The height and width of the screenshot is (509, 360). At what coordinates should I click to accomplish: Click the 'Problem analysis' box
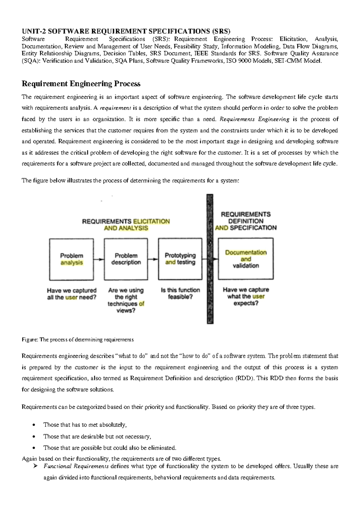coord(71,259)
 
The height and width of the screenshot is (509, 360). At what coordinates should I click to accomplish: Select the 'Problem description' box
coord(126,259)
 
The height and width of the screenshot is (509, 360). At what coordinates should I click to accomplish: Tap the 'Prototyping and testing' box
coord(180,259)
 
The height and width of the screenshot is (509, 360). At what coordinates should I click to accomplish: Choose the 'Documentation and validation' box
coord(246,259)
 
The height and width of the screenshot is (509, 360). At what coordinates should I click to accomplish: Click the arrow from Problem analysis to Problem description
coord(99,259)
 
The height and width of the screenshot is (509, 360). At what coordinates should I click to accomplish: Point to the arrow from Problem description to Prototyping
coord(153,259)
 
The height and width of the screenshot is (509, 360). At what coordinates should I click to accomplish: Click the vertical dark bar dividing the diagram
coord(210,259)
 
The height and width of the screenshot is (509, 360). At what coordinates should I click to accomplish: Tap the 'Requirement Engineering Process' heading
coord(81,84)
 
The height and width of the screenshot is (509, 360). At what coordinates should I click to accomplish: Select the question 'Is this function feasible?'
coord(180,293)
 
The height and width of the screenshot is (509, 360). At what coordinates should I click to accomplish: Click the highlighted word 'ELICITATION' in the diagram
coord(151,222)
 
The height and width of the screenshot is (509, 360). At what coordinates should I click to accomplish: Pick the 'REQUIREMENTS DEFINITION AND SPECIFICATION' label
coord(246,221)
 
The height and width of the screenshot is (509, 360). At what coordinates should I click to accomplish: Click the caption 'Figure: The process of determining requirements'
coord(78,340)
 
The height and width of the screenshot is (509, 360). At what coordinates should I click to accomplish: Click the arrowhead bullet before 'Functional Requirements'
coord(35,466)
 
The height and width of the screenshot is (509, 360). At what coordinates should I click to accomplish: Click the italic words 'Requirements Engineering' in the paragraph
coord(254,119)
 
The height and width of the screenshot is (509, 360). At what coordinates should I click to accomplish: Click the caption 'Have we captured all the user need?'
coord(72,294)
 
